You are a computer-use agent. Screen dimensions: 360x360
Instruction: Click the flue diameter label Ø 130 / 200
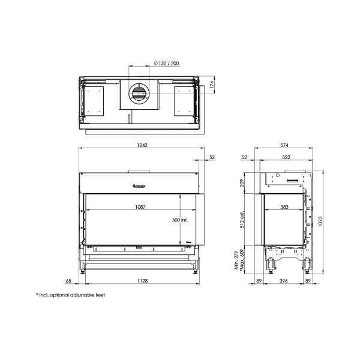[x=166, y=63]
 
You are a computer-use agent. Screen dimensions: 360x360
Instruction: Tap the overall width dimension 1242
[x=142, y=146]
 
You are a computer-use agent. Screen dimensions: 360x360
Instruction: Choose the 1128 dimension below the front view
[x=141, y=280]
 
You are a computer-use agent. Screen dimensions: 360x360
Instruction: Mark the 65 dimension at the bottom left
[x=68, y=280]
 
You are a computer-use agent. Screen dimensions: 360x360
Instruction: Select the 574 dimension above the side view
[x=284, y=146]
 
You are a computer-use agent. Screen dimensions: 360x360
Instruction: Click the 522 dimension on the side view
[x=286, y=157]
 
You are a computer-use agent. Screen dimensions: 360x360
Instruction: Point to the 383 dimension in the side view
[x=284, y=206]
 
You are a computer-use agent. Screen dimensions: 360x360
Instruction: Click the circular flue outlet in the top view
[x=139, y=92]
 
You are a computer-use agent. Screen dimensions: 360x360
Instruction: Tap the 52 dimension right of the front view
[x=211, y=157]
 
